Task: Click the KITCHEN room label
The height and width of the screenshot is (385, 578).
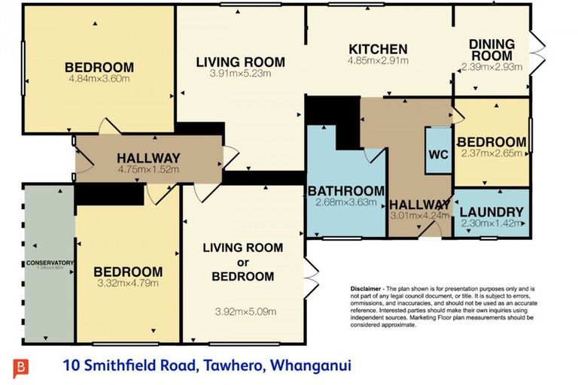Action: tap(377, 50)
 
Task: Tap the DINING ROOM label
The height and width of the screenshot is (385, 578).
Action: tap(491, 50)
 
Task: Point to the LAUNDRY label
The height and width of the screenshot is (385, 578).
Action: tap(491, 212)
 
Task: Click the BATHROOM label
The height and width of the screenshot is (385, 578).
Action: tap(345, 191)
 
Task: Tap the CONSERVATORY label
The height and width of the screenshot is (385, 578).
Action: tap(49, 262)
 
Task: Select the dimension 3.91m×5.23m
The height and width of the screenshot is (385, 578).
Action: tap(240, 74)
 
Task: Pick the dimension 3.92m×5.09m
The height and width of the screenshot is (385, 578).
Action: tap(245, 311)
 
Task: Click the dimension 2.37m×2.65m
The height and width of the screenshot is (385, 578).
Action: tap(491, 155)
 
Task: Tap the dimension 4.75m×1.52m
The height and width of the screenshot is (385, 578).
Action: tap(148, 170)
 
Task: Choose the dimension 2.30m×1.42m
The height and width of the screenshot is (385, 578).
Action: tap(491, 223)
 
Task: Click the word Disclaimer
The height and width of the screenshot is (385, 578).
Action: tap(367, 289)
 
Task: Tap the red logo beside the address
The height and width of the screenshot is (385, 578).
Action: tap(21, 368)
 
